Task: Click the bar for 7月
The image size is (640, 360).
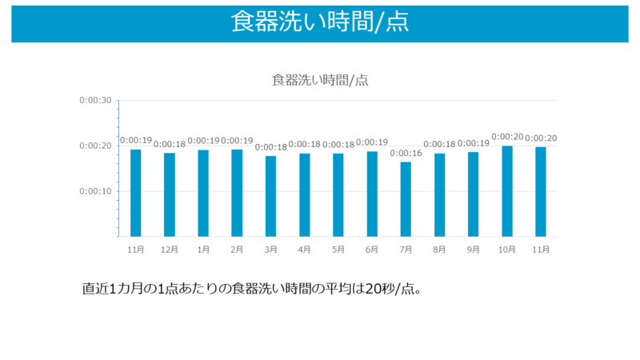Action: point(406,199)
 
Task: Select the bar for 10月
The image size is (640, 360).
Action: point(507,191)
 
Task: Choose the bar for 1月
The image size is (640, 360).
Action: point(203,193)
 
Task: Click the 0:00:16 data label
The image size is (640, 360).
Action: point(406,153)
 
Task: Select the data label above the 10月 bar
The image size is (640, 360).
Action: point(507,137)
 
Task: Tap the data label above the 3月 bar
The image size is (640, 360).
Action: point(270,147)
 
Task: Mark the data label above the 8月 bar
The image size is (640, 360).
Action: point(439,144)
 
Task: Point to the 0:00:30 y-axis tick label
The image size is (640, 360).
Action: point(95,100)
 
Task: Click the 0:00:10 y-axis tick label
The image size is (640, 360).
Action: point(95,191)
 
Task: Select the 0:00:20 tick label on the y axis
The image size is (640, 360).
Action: point(95,146)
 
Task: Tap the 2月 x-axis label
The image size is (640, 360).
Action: point(237,250)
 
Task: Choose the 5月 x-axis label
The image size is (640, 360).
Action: point(338,250)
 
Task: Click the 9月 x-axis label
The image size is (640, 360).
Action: point(473,250)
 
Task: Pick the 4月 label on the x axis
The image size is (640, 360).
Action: point(304,250)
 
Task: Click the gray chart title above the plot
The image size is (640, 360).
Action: point(319,79)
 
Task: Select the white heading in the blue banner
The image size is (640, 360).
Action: point(319,22)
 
